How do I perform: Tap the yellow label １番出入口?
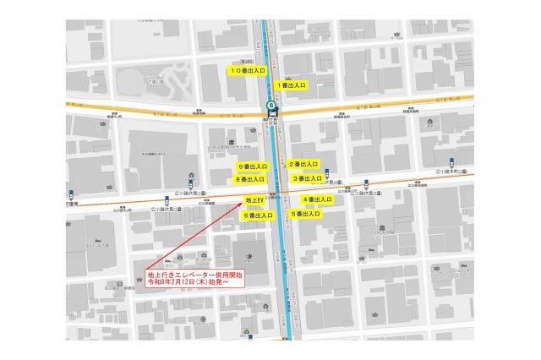pos(291,85)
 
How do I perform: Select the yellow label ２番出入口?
pos(303,164)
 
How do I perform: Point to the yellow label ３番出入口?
pos(307,178)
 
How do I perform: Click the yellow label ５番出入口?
pos(305,215)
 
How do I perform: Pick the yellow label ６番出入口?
pos(258,215)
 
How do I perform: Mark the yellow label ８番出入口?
pos(251,179)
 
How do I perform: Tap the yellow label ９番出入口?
pos(252,166)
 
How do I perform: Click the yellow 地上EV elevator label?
pos(254,200)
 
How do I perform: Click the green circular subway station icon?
pos(271,106)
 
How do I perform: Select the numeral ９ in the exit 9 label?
pos(240,166)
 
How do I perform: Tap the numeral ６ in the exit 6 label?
pos(246,215)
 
